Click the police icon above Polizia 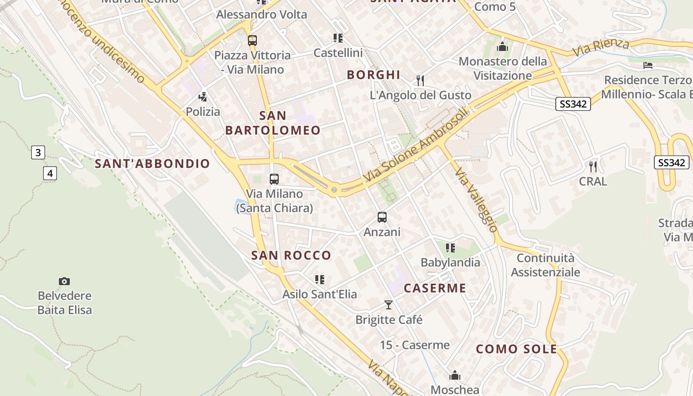pos(202,96)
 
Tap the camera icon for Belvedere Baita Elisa pos(64,281)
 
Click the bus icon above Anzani pos(382,217)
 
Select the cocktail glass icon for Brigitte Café pos(389,304)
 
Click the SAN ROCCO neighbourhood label pos(291,255)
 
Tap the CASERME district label pos(435,288)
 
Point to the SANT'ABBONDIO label pos(152,164)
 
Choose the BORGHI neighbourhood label pos(374,75)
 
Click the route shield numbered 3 pos(38,152)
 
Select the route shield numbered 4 pos(50,173)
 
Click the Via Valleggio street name pos(476,200)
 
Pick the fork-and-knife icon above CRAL pos(593,166)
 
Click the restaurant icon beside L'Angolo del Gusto pos(420,80)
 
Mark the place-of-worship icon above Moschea pos(455,375)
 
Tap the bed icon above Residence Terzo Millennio pos(648,65)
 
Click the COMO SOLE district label pos(516,349)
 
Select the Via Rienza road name pos(601,48)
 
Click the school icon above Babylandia pos(450,247)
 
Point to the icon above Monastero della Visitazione pos(503,47)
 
